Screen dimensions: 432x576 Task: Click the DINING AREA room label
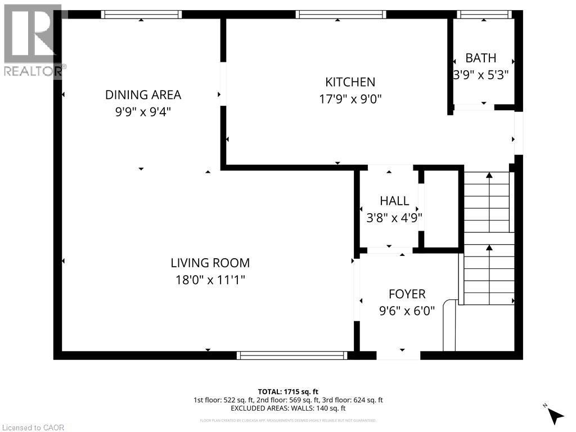coord(143,95)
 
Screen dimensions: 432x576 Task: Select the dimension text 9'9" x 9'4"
coord(143,112)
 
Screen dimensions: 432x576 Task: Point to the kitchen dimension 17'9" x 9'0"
coord(350,99)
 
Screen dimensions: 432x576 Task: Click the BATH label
coord(481,57)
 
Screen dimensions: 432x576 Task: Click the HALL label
coord(394,201)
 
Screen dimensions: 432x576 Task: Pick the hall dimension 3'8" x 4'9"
coord(394,218)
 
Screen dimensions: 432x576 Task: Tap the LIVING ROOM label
coord(210,263)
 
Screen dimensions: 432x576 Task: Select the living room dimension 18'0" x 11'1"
coord(210,280)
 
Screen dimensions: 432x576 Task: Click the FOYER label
coord(407,294)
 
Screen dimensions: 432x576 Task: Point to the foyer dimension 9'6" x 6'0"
coord(407,310)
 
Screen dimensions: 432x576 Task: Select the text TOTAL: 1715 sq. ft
coord(287,391)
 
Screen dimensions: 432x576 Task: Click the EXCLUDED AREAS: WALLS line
coord(287,408)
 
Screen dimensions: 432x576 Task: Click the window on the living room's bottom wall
coord(291,355)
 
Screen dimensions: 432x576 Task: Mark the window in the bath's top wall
coord(484,15)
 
